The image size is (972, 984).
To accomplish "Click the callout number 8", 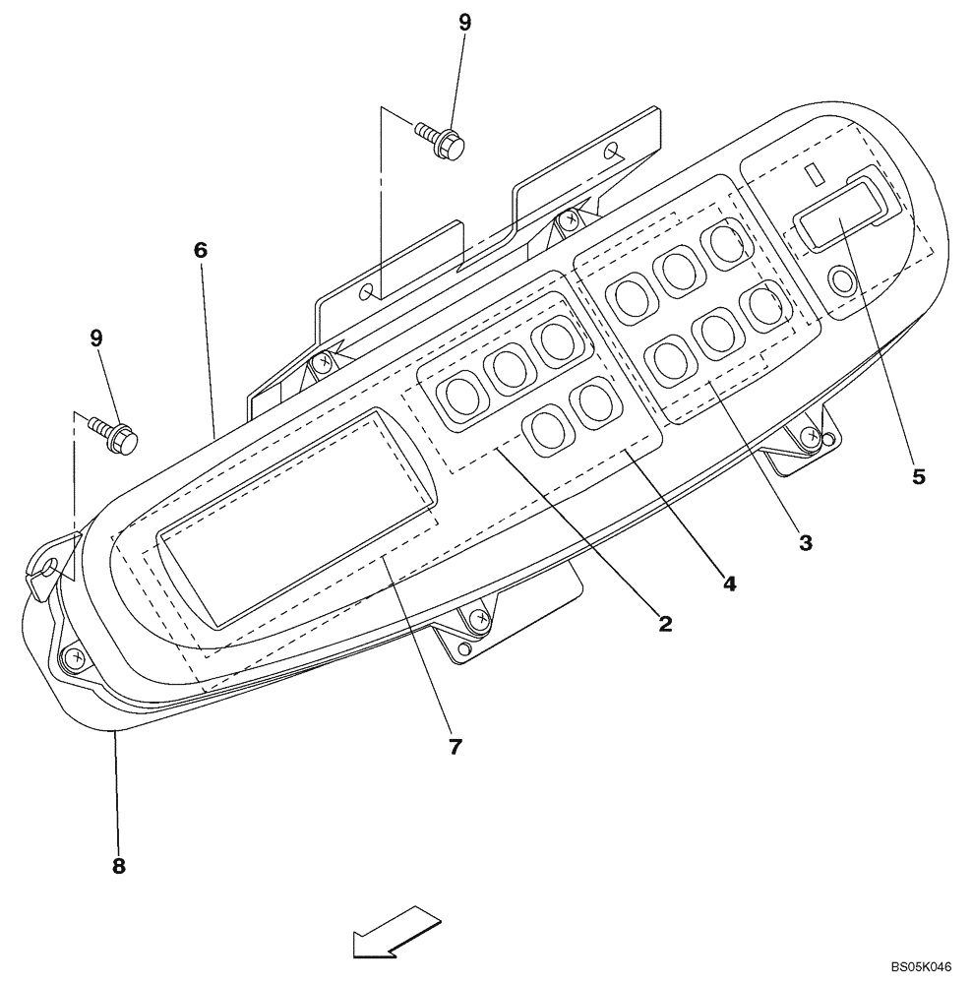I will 118,866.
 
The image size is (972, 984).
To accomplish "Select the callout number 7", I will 455,747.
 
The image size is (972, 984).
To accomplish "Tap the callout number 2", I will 665,623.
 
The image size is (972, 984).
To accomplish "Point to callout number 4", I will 729,583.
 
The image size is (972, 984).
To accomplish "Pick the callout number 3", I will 805,541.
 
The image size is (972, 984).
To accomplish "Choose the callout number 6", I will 201,250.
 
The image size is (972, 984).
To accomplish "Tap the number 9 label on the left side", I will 96,338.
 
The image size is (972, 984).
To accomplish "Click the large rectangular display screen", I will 295,517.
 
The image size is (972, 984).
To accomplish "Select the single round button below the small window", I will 843,281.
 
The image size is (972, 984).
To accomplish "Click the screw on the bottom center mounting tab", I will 478,619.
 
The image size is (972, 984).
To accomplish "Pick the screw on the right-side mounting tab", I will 809,435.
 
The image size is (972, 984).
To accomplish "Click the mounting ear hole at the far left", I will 47,567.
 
